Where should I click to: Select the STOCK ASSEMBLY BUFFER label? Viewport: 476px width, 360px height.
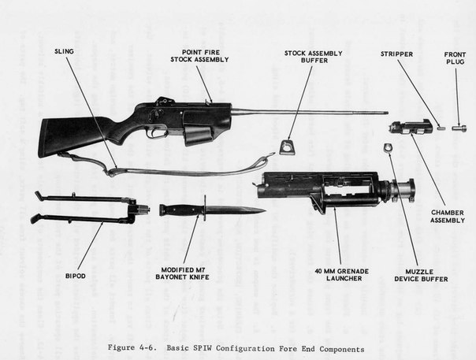(306, 58)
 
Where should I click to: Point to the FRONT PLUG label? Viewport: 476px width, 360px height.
(456, 58)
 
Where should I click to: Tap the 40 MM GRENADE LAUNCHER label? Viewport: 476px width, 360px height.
(337, 274)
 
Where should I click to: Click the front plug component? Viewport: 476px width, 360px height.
(459, 127)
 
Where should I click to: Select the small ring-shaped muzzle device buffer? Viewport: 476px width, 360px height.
(387, 147)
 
